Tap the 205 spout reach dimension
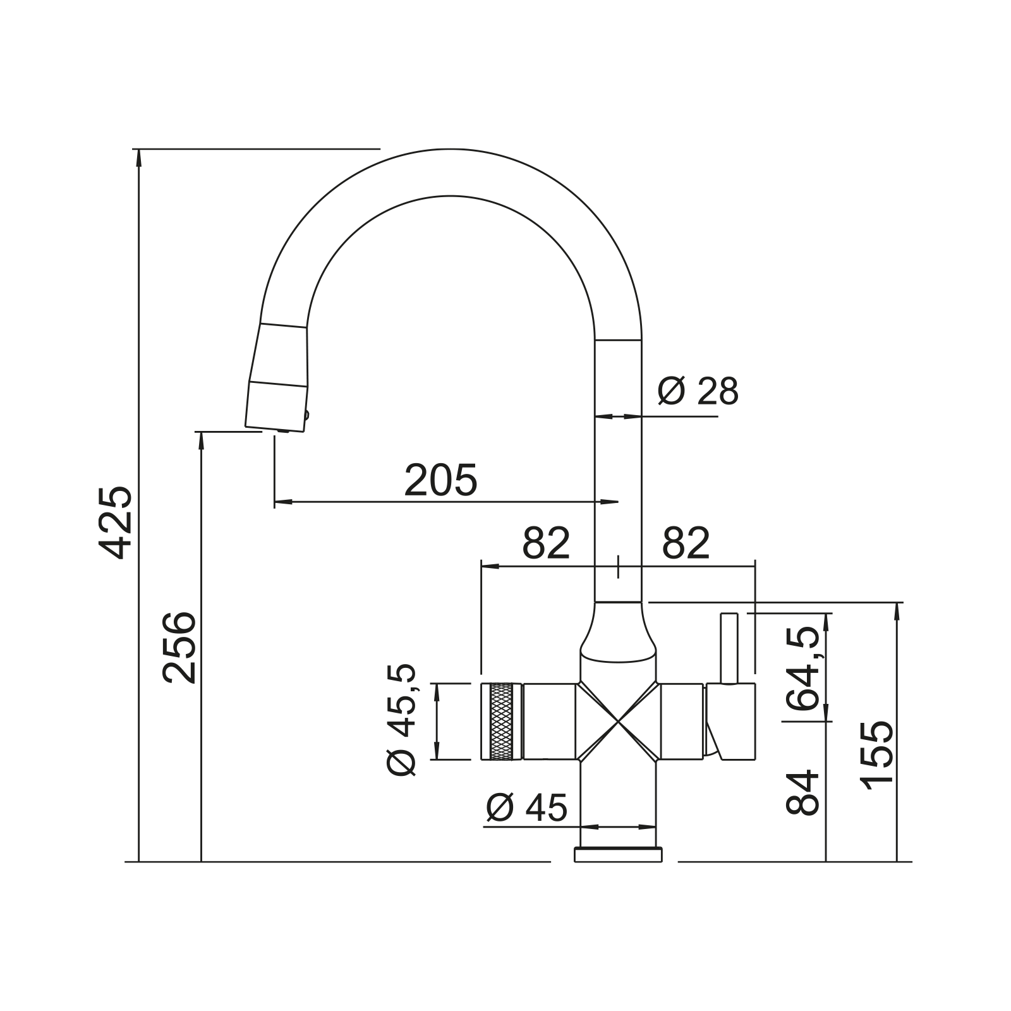(x=440, y=480)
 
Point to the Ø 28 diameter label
(x=698, y=392)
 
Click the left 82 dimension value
(x=547, y=543)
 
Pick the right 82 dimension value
(x=686, y=543)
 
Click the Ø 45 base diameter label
(x=527, y=807)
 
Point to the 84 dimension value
(x=802, y=792)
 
